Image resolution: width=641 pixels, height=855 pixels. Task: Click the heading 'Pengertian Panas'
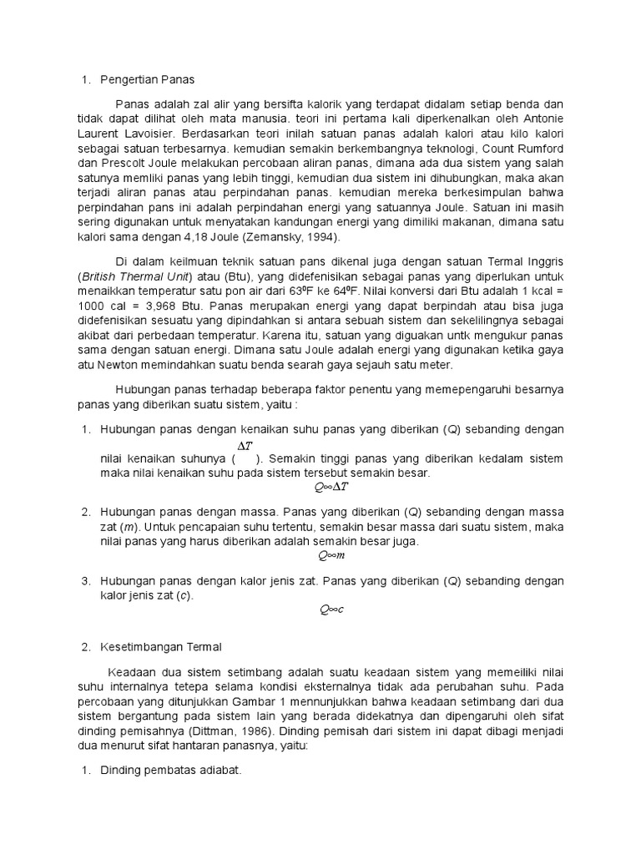[x=147, y=80]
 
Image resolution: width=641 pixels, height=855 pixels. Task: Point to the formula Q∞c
[x=331, y=610]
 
